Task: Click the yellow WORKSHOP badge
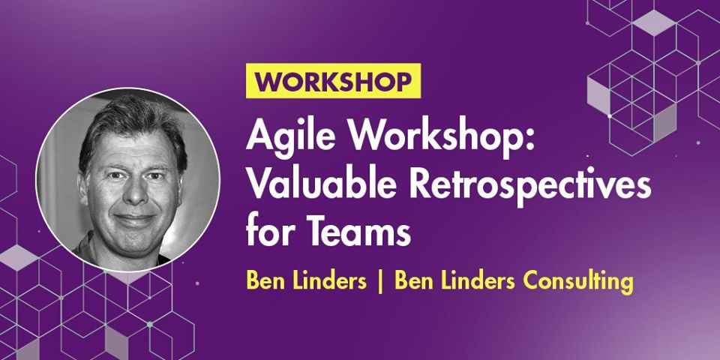(333, 81)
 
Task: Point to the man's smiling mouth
(133, 220)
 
